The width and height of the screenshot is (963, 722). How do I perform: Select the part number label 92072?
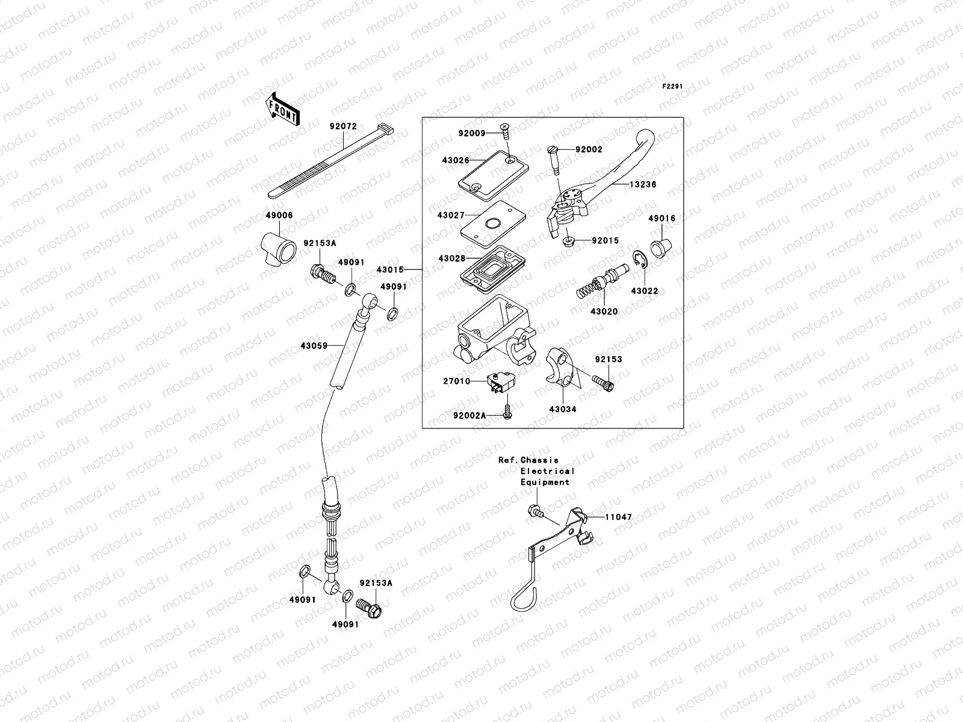(343, 127)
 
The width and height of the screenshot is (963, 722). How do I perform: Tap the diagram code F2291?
(673, 87)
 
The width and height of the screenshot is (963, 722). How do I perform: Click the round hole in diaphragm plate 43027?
(492, 224)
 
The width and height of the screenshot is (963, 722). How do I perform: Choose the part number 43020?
(604, 312)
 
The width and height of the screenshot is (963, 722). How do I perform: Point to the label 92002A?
(469, 415)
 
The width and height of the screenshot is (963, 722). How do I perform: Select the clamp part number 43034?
(562, 409)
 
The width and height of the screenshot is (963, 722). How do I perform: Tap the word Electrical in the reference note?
(547, 471)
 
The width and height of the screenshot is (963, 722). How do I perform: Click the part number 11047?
(618, 517)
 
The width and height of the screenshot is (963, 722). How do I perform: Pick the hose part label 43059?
(314, 345)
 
